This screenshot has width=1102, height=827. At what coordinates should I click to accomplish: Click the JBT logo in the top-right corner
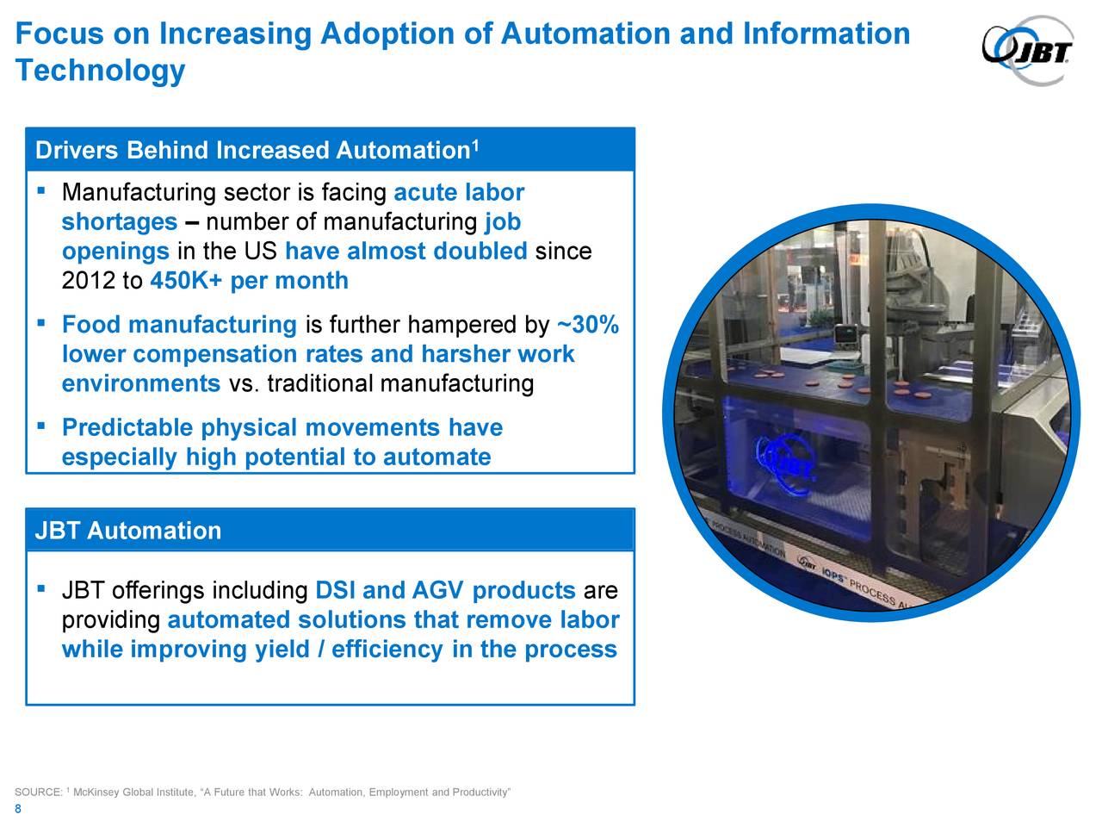click(x=1028, y=51)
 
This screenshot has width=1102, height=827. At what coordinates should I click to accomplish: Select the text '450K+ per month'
click(x=249, y=281)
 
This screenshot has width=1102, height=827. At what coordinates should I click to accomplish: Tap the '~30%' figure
click(x=588, y=326)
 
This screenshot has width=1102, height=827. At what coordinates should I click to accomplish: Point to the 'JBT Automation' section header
click(x=128, y=531)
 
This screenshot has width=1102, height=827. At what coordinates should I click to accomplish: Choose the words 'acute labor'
click(x=459, y=193)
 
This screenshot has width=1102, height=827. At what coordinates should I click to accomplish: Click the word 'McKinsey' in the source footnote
click(x=97, y=793)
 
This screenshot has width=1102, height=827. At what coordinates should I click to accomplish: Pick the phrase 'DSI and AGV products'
click(x=445, y=591)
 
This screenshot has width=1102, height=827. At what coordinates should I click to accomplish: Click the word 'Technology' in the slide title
click(x=100, y=71)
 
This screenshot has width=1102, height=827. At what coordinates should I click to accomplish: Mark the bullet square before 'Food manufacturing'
click(x=40, y=324)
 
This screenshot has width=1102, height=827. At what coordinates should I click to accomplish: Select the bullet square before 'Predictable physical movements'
click(x=40, y=426)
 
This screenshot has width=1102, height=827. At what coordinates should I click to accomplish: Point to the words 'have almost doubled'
click(x=406, y=252)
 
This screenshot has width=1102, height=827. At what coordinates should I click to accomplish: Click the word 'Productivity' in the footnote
click(x=484, y=793)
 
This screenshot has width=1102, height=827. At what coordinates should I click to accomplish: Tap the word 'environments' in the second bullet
click(x=141, y=383)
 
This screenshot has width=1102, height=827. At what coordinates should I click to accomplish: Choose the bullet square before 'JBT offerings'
click(x=40, y=589)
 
